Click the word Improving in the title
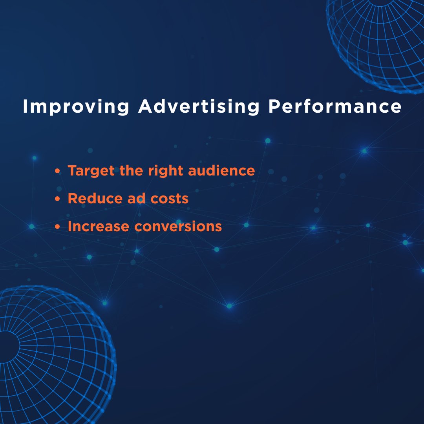76,107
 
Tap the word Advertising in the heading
199,107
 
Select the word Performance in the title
335,107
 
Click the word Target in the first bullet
91,171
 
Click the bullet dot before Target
58,172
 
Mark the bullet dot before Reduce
58,199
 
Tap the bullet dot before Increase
58,227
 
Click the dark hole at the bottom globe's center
8,345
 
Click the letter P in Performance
274,107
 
